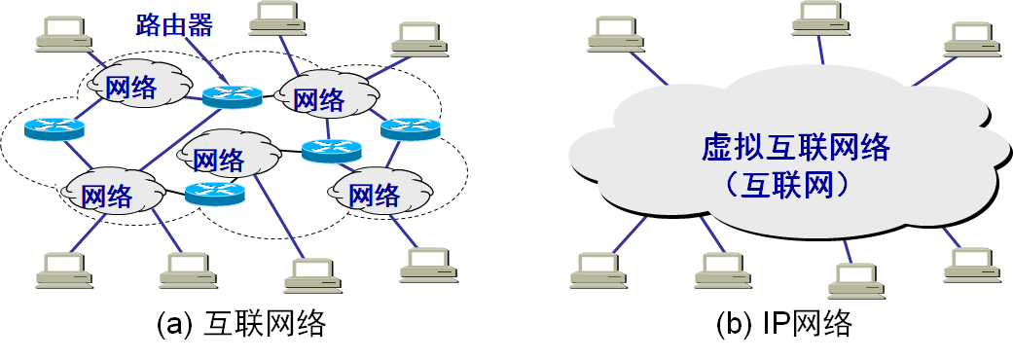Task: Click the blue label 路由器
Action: tap(174, 23)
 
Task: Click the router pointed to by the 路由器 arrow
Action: tap(233, 95)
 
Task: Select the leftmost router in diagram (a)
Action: tap(54, 127)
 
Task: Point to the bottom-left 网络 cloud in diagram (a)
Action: tap(107, 195)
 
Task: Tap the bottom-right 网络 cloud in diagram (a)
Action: tap(374, 194)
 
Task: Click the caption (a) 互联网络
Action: tap(240, 325)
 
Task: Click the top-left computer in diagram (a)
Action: tap(64, 35)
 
